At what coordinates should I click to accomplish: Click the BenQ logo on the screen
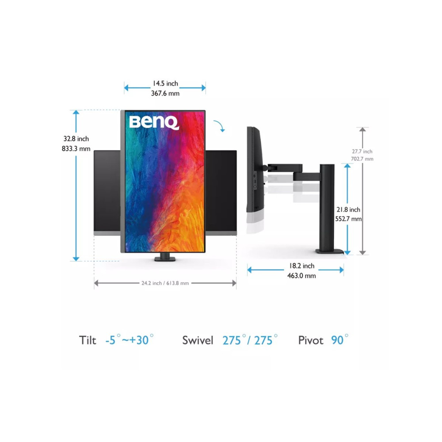[154, 122]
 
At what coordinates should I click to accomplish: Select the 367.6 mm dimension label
[165, 93]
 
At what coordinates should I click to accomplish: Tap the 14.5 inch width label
[165, 84]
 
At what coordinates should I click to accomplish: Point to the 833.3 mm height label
[76, 149]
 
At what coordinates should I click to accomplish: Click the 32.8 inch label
[76, 139]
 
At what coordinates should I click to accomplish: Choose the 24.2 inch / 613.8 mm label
[165, 283]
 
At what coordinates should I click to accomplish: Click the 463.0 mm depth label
[301, 276]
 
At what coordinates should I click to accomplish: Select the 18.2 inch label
[301, 266]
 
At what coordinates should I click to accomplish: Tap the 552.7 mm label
[348, 219]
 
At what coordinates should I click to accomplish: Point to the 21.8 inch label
[348, 210]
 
